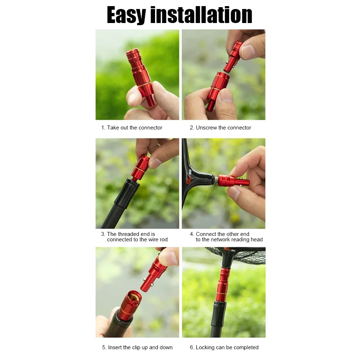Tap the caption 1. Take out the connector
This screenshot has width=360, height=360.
click(x=132, y=128)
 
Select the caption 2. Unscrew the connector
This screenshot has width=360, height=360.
click(x=220, y=128)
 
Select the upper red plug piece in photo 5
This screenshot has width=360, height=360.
click(x=154, y=274)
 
